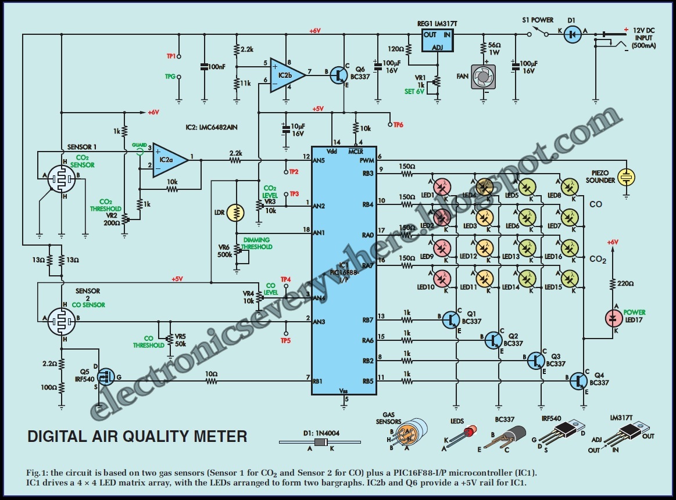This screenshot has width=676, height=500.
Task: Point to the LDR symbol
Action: [235, 213]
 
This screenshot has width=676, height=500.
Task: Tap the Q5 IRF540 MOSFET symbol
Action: [105, 377]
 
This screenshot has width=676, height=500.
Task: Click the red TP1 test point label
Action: [171, 56]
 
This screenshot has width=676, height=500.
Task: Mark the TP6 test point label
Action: [398, 124]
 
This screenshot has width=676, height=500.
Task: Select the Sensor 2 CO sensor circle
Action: [61, 319]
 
